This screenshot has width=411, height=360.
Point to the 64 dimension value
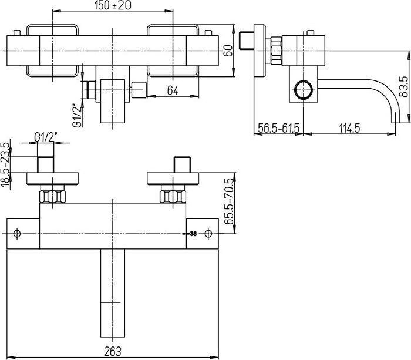[172, 90]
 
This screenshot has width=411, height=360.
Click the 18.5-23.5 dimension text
[6, 165]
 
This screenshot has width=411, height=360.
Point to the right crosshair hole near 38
[208, 234]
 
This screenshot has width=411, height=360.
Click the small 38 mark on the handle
[192, 234]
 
